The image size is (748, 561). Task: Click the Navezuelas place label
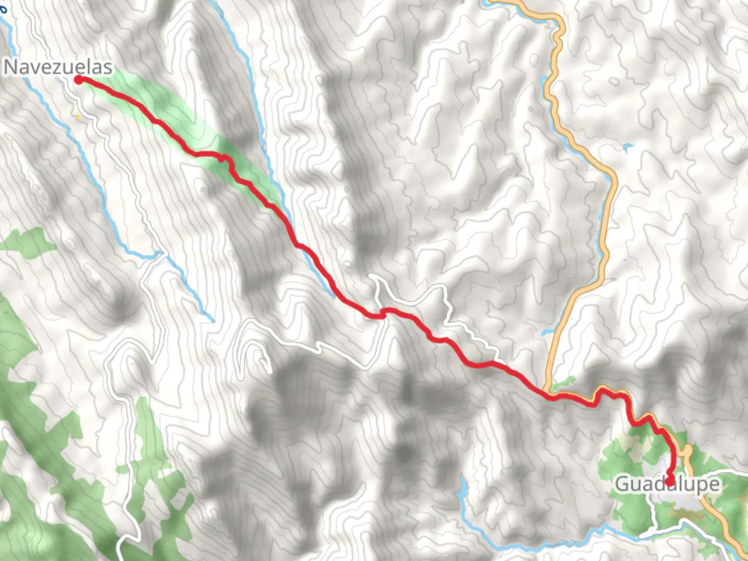pyautogui.click(x=58, y=67)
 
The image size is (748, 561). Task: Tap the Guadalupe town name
pyautogui.click(x=668, y=484)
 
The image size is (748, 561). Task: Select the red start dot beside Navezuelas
pyautogui.click(x=78, y=79)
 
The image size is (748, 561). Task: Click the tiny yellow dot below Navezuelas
pyautogui.click(x=78, y=117)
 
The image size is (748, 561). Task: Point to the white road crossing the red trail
pyautogui.click(x=383, y=312)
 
